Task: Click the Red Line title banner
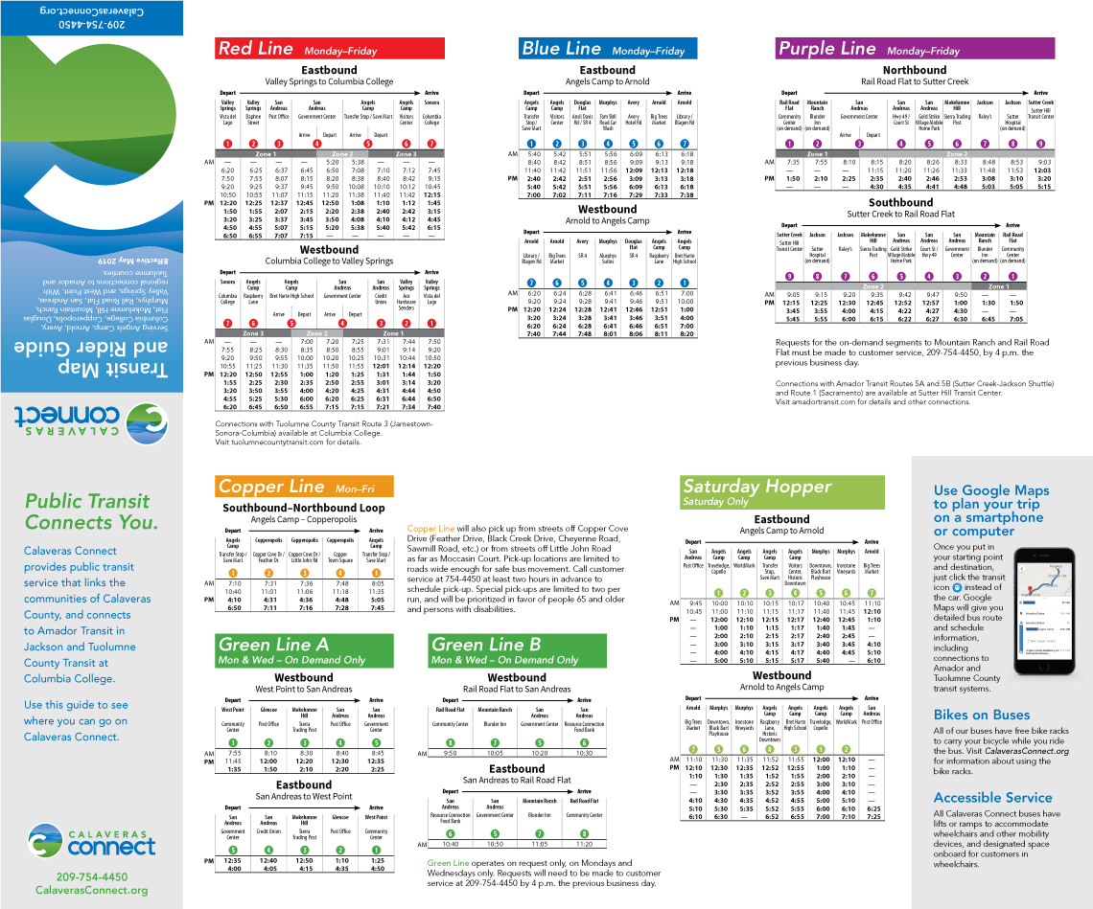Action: (329, 49)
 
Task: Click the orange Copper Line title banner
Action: (304, 487)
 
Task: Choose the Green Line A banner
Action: (304, 650)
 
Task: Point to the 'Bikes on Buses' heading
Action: (981, 715)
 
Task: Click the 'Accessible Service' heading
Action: (992, 797)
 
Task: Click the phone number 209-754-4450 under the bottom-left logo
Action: (91, 876)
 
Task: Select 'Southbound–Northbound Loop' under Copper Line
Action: (303, 508)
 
